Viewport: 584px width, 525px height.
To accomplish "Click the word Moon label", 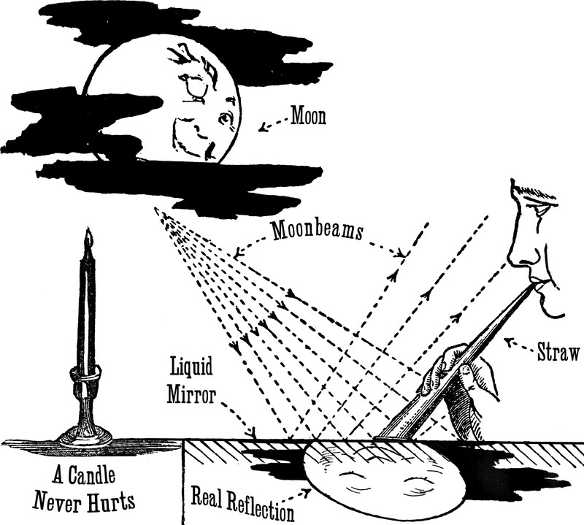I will (x=307, y=117).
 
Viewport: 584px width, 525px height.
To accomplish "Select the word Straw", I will (x=558, y=354).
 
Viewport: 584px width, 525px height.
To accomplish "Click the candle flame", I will (x=88, y=237).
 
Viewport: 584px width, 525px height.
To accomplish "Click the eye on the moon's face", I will (x=226, y=117).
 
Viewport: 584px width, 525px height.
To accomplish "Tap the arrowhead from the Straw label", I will (x=510, y=340).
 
